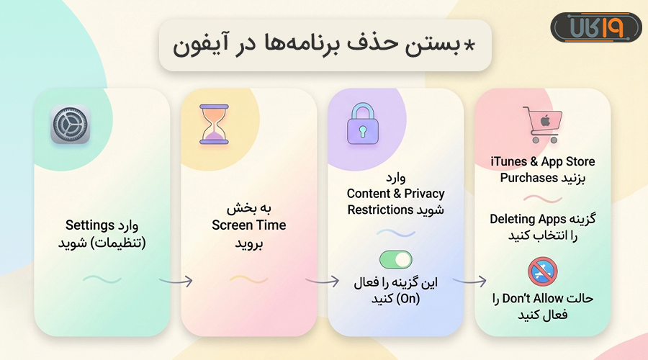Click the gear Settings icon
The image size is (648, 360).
pyautogui.click(x=70, y=124)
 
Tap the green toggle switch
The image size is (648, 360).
pyautogui.click(x=395, y=260)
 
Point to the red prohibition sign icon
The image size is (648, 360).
pyautogui.click(x=543, y=272)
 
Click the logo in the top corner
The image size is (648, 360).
pyautogui.click(x=595, y=28)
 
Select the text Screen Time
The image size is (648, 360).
pyautogui.click(x=248, y=225)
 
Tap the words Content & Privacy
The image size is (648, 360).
pyautogui.click(x=395, y=193)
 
